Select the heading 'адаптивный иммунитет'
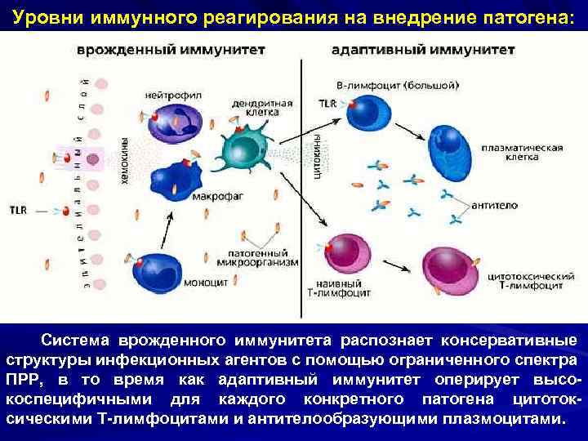pyautogui.click(x=423, y=50)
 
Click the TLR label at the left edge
pyautogui.click(x=19, y=209)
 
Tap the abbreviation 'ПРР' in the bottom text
pyautogui.click(x=23, y=379)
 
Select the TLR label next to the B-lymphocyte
pyautogui.click(x=327, y=104)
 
